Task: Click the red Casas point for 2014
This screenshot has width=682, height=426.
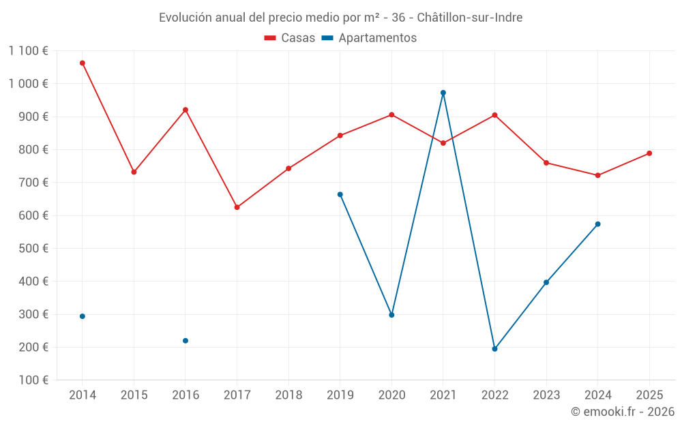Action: click(83, 63)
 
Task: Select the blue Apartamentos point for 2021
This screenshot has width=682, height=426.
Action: click(443, 93)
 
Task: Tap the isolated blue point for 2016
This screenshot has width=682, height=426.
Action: click(186, 341)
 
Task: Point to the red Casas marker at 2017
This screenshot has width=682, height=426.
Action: click(237, 207)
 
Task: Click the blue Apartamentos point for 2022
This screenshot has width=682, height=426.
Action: click(495, 349)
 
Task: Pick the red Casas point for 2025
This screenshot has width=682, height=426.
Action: click(649, 153)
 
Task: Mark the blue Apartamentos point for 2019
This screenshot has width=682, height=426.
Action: click(340, 194)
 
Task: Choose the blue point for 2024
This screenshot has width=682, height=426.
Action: click(598, 224)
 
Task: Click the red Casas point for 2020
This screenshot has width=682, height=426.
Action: click(391, 115)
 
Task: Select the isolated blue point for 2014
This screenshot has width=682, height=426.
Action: click(83, 316)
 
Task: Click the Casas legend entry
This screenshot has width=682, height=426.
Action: click(290, 38)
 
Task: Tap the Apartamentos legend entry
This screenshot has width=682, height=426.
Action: click(369, 38)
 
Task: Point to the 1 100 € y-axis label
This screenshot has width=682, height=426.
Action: click(29, 50)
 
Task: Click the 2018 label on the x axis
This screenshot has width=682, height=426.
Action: click(288, 395)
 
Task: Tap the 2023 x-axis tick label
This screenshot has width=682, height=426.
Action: click(546, 395)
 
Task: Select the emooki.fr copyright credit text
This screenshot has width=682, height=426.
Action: click(623, 412)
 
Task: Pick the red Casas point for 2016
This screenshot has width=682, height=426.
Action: click(186, 110)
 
